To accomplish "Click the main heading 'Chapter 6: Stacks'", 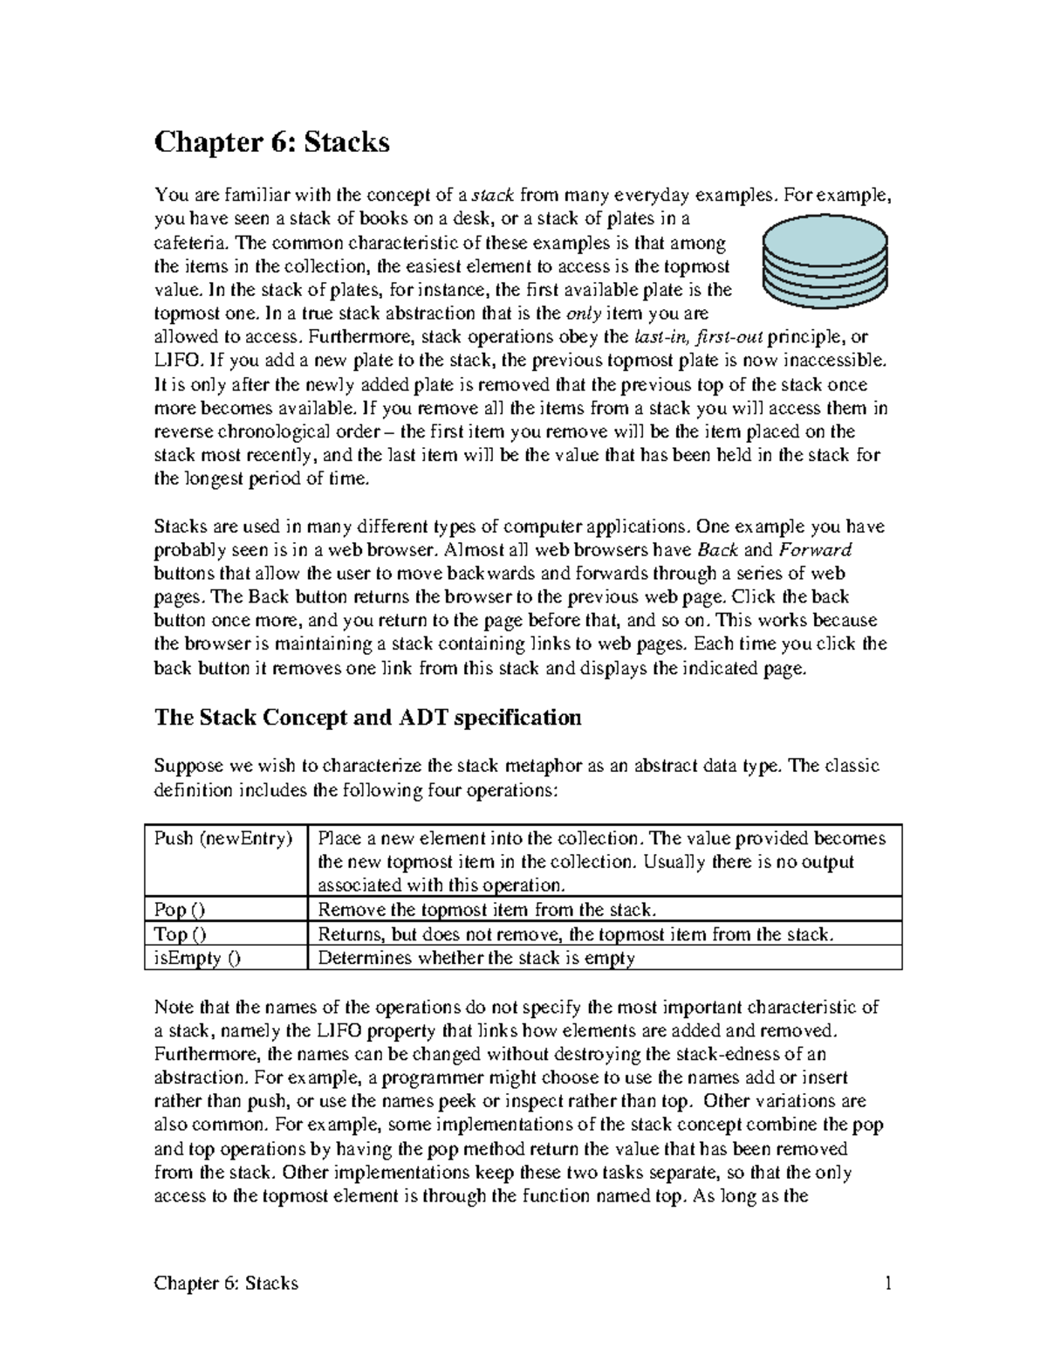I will coord(271,142).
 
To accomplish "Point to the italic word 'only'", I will coord(584,313).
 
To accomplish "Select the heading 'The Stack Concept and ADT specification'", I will coord(367,718).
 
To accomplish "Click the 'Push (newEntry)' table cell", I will coord(223,839).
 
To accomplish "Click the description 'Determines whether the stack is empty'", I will coord(476,958).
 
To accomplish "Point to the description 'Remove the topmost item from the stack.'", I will coord(486,910).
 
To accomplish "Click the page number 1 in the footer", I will coord(887,1283).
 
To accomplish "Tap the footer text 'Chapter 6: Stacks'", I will coord(226,1283).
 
